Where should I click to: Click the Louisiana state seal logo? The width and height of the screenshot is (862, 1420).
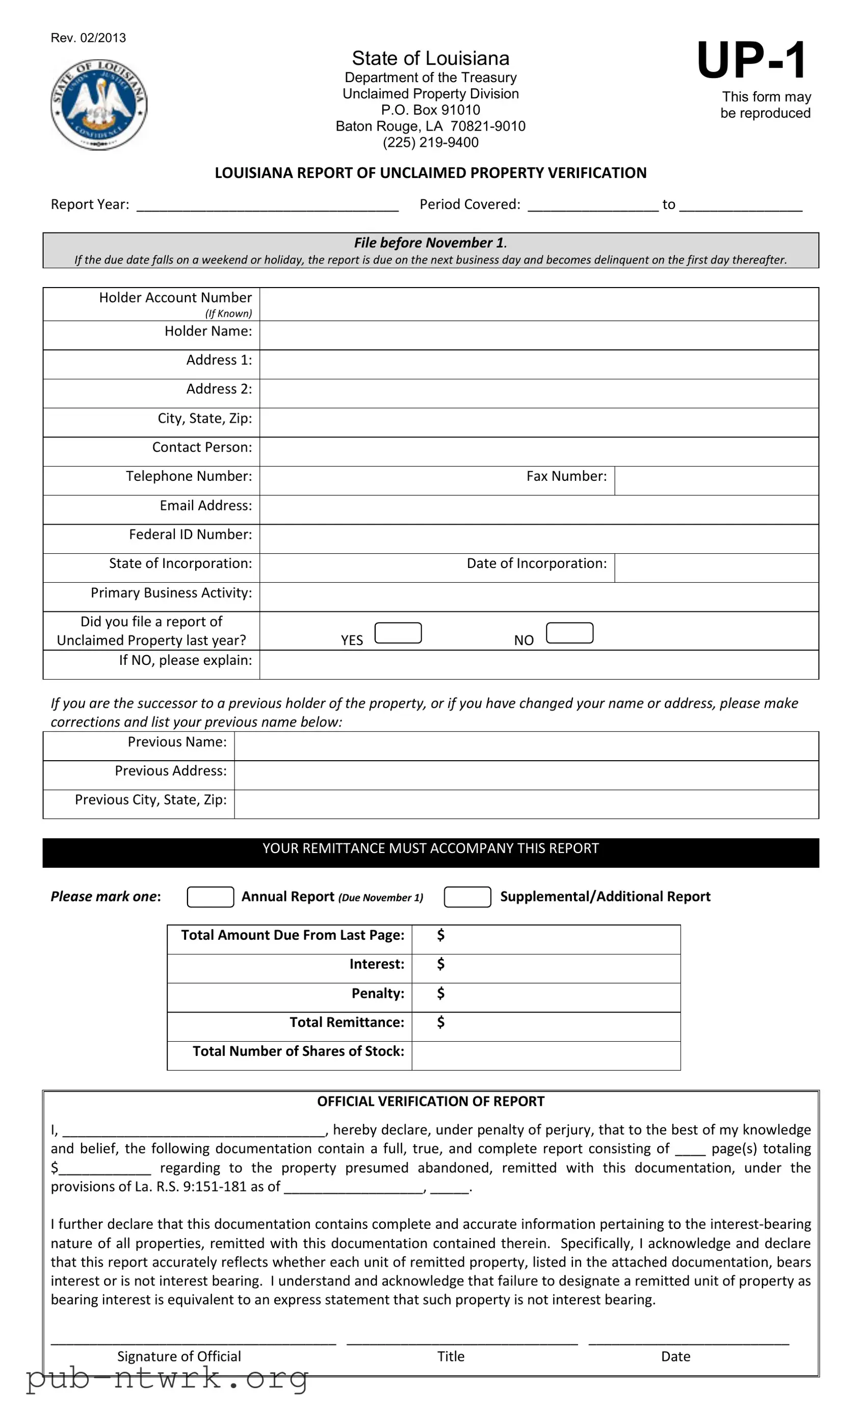(x=99, y=105)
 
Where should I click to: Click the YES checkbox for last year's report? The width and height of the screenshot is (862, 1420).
(x=398, y=633)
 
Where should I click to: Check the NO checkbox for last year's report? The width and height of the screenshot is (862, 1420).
(x=569, y=633)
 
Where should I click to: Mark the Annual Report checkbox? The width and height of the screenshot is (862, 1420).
(x=211, y=897)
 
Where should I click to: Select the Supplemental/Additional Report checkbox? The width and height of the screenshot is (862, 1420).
(x=467, y=897)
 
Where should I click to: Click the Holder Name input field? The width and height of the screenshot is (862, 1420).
(x=538, y=335)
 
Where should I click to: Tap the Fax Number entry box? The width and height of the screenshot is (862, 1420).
(x=716, y=480)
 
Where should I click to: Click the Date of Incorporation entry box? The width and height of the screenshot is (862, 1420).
(x=716, y=567)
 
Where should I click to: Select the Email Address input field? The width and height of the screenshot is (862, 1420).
(x=538, y=509)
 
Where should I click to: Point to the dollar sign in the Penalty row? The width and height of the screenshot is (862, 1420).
(x=441, y=992)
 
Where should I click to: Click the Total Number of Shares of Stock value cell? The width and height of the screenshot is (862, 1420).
(x=545, y=1055)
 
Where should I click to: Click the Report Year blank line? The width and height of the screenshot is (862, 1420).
(x=267, y=205)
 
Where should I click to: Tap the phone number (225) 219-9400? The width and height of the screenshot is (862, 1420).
(x=430, y=142)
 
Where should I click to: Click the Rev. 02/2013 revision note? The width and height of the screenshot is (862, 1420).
(x=88, y=38)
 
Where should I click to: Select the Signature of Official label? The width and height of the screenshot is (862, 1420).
(x=179, y=1356)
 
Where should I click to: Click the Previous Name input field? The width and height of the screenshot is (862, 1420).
(x=526, y=746)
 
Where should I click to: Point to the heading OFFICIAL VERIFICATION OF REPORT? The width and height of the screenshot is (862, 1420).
(x=430, y=1101)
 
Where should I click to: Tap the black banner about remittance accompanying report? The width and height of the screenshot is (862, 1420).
(x=430, y=852)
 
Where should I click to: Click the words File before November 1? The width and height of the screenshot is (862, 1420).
(x=429, y=243)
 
